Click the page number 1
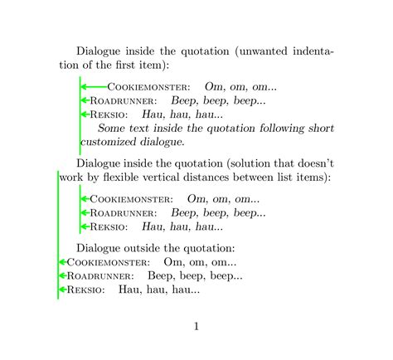point(196,326)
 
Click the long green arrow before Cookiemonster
point(94,86)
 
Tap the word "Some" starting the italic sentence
point(112,128)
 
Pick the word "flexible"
point(136,178)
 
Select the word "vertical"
point(182,178)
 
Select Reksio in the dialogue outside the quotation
point(85,290)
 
